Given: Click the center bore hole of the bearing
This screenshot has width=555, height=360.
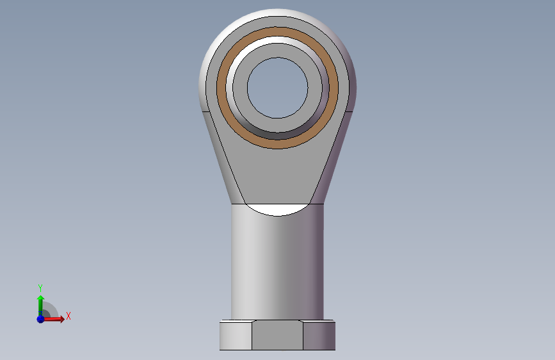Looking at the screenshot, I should pyautogui.click(x=277, y=88).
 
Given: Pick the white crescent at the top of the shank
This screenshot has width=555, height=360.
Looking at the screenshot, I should pyautogui.click(x=277, y=208).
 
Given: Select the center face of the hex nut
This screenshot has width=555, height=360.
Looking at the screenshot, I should pyautogui.click(x=277, y=336).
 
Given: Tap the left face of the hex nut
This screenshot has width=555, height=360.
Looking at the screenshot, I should pyautogui.click(x=236, y=336).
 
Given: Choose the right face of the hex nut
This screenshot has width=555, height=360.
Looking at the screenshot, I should pyautogui.click(x=319, y=336).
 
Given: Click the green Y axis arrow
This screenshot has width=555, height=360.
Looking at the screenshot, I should pyautogui.click(x=40, y=302).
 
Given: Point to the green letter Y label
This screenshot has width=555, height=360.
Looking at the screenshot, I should pyautogui.click(x=40, y=288).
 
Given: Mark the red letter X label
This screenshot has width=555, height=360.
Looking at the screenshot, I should pyautogui.click(x=68, y=316).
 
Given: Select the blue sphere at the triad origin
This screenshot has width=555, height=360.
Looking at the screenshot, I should pyautogui.click(x=40, y=318).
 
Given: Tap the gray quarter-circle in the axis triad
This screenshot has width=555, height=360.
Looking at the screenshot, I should pyautogui.click(x=49, y=311).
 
